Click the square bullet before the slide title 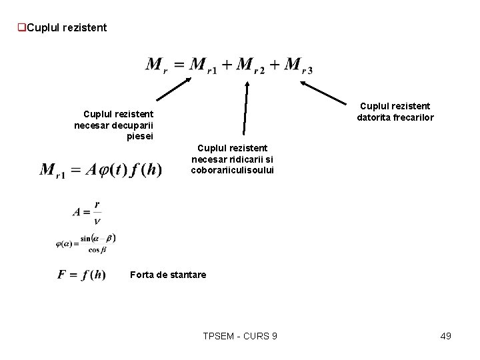pos(22,28)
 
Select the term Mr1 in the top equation pos(204,65)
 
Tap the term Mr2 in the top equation pos(251,65)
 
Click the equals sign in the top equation pos(179,65)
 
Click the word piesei pos(139,137)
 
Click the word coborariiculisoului pos(232,170)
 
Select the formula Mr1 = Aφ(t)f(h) pos(101,170)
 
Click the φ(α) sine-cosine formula pos(86,244)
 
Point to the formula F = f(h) pos(81,275)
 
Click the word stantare pos(187,275)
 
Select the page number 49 pos(445,336)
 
